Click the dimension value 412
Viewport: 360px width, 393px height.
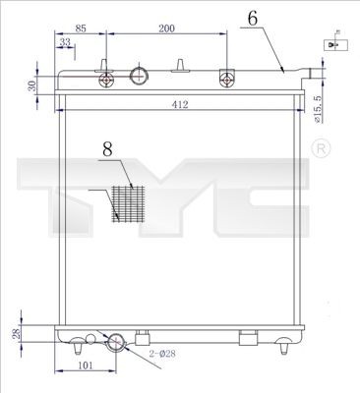click(179, 104)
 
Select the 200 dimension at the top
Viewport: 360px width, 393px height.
click(166, 29)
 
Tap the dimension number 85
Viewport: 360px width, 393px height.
click(81, 29)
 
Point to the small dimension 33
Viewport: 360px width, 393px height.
click(65, 43)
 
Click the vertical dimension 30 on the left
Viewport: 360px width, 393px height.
click(32, 85)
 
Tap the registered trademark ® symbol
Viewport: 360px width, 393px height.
click(320, 147)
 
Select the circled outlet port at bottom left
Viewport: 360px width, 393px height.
click(116, 342)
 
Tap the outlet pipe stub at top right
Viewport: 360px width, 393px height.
click(314, 72)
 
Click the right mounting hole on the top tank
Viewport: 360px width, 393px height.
click(228, 79)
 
